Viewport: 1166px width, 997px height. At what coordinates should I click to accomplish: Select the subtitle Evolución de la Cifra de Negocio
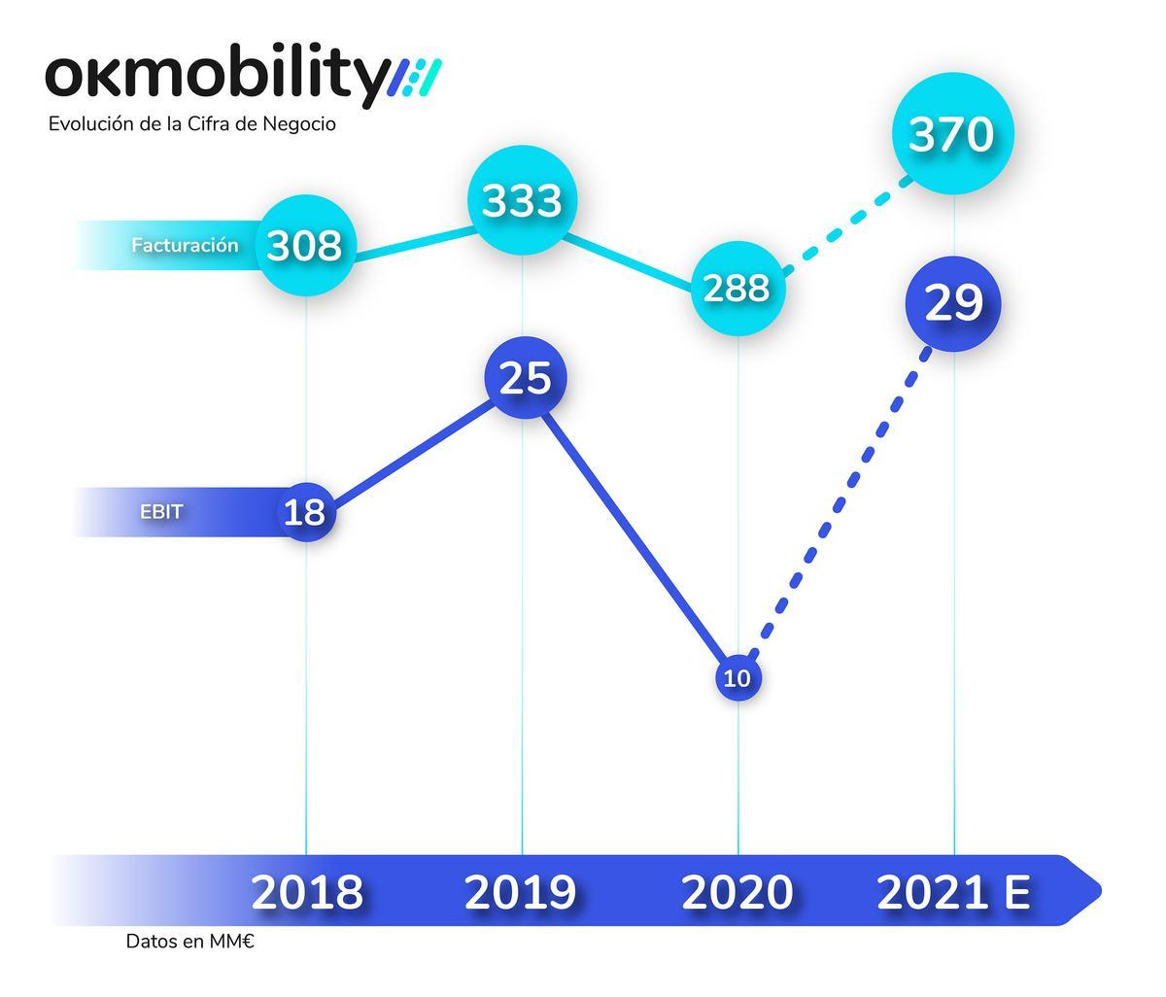[x=191, y=124]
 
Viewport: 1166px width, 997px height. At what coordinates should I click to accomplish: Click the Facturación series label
[x=185, y=246]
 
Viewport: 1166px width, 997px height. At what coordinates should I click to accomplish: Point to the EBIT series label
[x=161, y=512]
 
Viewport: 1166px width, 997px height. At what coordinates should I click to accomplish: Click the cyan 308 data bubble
[x=305, y=246]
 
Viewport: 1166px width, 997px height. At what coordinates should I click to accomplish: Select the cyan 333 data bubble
[x=523, y=201]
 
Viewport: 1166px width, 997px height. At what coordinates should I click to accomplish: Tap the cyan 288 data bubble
[x=737, y=289]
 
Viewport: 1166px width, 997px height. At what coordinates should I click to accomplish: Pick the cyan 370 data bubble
[x=952, y=135]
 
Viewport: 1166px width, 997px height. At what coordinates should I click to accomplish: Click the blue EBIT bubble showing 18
[x=306, y=511]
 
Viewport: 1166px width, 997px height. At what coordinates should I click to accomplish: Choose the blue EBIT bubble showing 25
[x=525, y=378]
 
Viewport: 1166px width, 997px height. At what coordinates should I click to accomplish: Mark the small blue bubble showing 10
[x=738, y=678]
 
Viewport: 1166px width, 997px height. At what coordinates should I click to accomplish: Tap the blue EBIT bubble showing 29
[x=953, y=304]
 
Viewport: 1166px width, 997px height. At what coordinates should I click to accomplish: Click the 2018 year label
[x=307, y=892]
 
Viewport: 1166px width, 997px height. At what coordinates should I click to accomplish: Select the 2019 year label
[x=521, y=892]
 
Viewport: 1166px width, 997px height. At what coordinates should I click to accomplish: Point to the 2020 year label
[x=737, y=892]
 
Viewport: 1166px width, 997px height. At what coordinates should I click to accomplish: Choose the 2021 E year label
[x=953, y=892]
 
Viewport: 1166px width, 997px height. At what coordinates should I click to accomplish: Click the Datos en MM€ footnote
[x=189, y=942]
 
